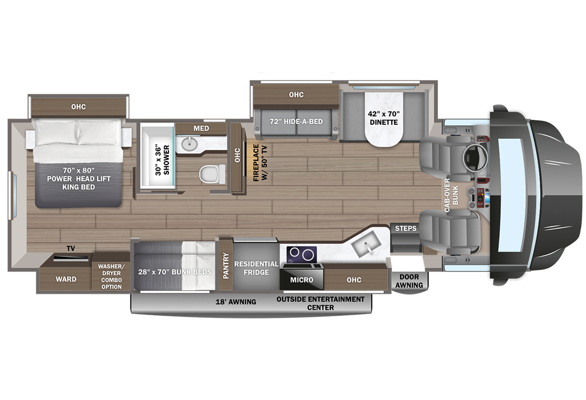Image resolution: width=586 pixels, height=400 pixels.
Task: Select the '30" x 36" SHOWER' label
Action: point(160,158)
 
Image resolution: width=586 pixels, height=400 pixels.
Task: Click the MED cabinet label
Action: point(201,129)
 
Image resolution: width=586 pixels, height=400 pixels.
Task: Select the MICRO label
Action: point(301,279)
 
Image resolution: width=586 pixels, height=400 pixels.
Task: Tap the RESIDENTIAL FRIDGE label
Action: point(256,268)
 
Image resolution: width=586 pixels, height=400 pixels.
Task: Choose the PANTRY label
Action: point(226,265)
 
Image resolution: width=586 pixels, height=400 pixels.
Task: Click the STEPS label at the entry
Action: point(406,229)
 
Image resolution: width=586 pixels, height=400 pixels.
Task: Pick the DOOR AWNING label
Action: point(410,281)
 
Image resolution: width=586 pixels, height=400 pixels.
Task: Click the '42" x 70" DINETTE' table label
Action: point(383,118)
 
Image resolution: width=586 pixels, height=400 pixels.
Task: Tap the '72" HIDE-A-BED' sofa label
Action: point(296,122)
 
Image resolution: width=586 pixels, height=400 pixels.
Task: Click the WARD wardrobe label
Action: point(66,279)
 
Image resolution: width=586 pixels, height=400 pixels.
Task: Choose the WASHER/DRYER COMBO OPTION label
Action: point(111,276)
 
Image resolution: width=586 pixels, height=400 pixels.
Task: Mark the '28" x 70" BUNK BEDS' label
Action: point(174,272)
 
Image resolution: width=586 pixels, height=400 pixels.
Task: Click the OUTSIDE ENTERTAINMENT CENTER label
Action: point(321,303)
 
